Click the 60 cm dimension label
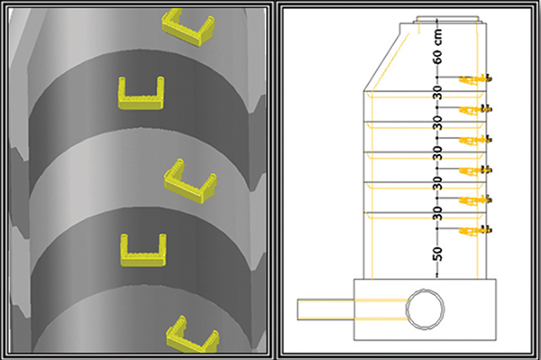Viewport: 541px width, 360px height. [437, 47]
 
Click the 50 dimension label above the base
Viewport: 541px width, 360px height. [437, 254]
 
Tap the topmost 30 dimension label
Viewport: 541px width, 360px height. [437, 93]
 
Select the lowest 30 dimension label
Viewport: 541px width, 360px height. [437, 213]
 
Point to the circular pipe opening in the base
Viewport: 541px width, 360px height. [426, 309]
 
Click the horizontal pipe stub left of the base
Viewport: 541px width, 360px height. [326, 309]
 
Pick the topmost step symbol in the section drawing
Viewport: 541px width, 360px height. [475, 79]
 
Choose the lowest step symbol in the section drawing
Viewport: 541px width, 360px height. [475, 230]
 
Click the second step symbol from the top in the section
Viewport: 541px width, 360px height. [475, 109]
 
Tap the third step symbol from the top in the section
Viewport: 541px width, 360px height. [475, 140]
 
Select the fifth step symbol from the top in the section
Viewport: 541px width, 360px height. [475, 200]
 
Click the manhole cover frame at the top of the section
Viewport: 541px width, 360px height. [447, 19]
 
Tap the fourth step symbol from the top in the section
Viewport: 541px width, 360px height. [475, 170]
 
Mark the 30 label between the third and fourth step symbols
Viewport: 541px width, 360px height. [437, 152]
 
